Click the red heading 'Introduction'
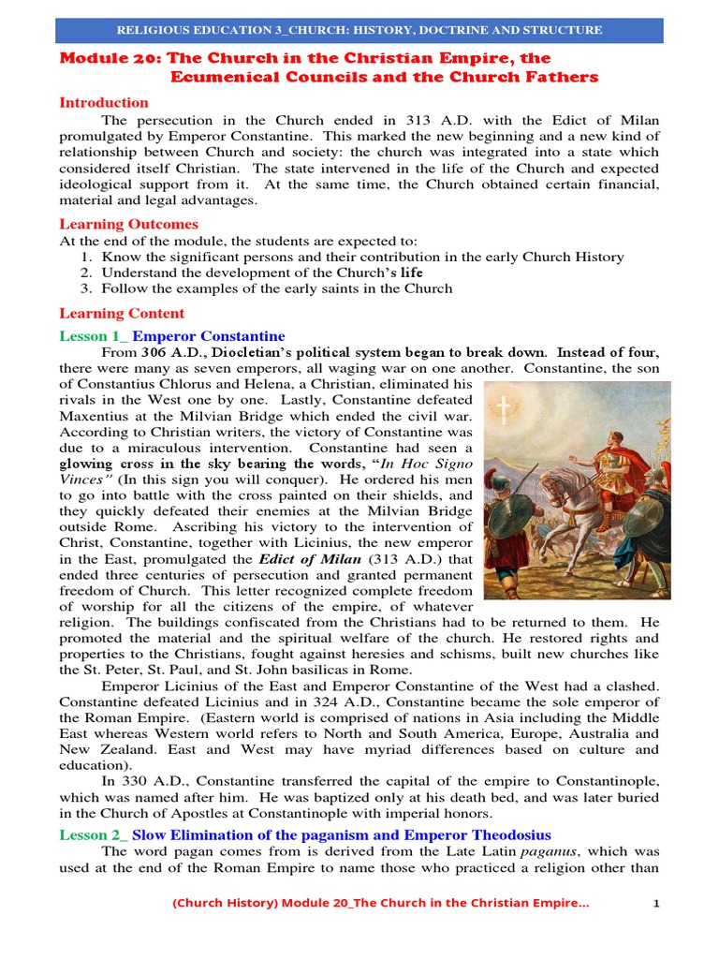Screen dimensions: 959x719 click(x=104, y=102)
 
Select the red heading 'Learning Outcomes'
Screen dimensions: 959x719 click(x=128, y=224)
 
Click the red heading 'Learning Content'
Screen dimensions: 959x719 click(x=122, y=314)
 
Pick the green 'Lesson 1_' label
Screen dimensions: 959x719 click(x=93, y=335)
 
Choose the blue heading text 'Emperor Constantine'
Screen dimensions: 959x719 click(x=209, y=335)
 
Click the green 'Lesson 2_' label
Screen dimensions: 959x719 click(x=93, y=834)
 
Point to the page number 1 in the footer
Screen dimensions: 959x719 click(x=656, y=904)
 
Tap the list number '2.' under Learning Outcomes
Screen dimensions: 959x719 click(x=86, y=273)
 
